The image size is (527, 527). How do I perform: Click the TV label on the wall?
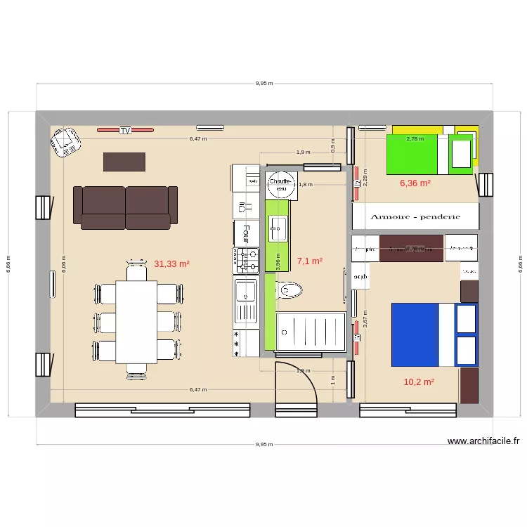pos(125,131)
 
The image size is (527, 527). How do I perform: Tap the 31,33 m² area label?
pos(172,264)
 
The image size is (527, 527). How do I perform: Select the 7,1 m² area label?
pos(310,261)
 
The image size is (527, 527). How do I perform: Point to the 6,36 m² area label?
pos(415,183)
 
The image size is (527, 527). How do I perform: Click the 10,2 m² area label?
pos(419,382)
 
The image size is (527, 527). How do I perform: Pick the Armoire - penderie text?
pos(415,217)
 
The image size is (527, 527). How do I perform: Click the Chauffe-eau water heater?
pos(281,185)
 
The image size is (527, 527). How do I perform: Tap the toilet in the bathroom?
pos(290,289)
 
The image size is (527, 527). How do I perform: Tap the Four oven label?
pos(246,232)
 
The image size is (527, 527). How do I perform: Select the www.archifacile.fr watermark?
pos(483,441)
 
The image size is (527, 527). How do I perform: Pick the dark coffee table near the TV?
pos(124,162)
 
